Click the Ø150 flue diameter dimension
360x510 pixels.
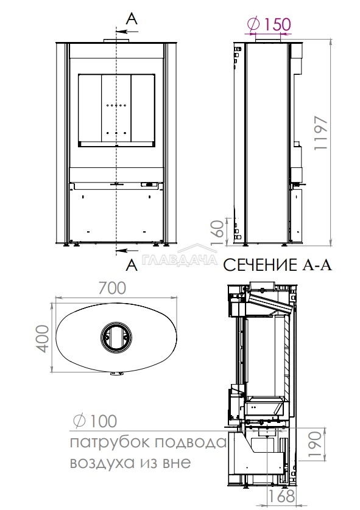pyautogui.click(x=269, y=24)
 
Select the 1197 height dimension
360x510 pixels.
pyautogui.click(x=320, y=133)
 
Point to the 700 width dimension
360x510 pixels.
pyautogui.click(x=112, y=288)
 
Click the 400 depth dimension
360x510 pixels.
pyautogui.click(x=42, y=338)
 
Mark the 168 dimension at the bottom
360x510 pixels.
pyautogui.click(x=281, y=497)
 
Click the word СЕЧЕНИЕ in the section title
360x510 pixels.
pyautogui.click(x=259, y=265)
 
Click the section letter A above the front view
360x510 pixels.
pyautogui.click(x=132, y=19)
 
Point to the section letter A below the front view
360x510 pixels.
pyautogui.click(x=132, y=265)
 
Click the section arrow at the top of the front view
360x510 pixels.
pyautogui.click(x=127, y=32)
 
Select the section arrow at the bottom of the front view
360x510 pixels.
pyautogui.click(x=127, y=250)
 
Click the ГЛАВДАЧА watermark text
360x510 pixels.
pyautogui.click(x=180, y=260)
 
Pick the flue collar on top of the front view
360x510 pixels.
pyautogui.click(x=116, y=41)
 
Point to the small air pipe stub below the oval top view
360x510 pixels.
pyautogui.click(x=116, y=376)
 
